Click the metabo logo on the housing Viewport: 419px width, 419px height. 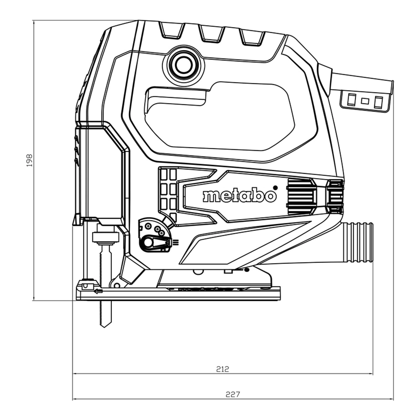click(x=239, y=196)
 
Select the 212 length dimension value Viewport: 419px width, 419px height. click(x=222, y=369)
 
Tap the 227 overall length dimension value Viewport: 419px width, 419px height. click(x=233, y=394)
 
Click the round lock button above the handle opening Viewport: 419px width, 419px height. click(x=183, y=65)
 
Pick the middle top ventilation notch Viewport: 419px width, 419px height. click(x=212, y=33)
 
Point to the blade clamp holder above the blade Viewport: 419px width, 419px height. click(x=106, y=237)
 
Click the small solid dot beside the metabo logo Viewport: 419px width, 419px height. click(x=275, y=187)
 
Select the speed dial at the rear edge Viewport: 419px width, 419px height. click(x=335, y=197)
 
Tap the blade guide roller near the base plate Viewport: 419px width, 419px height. click(x=87, y=285)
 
